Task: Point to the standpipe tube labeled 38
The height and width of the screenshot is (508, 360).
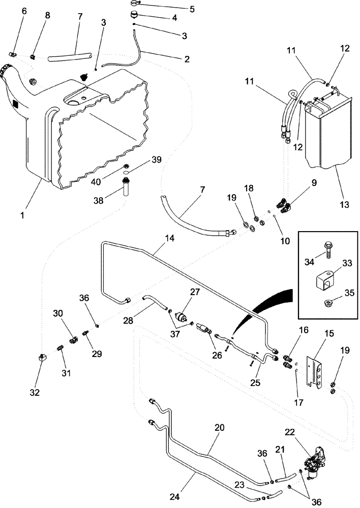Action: pyautogui.click(x=126, y=193)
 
